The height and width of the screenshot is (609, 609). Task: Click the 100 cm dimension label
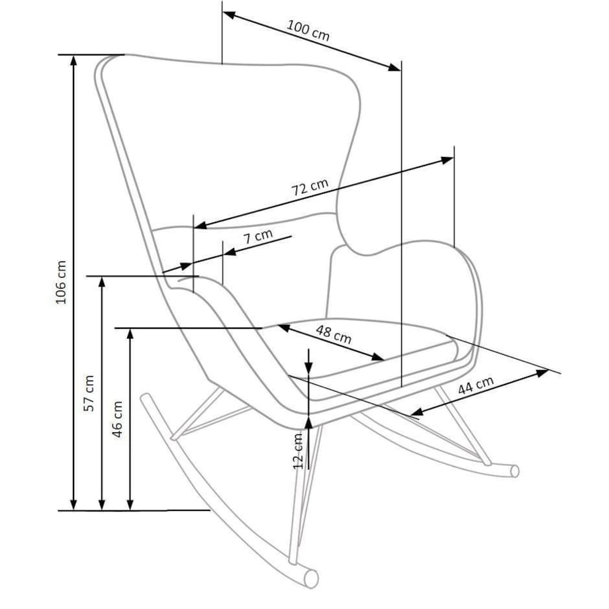point(308,30)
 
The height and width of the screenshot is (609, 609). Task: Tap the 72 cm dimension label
point(310,189)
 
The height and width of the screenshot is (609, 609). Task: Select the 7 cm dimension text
point(258,238)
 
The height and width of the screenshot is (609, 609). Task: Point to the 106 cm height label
point(62,282)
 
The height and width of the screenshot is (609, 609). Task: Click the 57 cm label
point(89,393)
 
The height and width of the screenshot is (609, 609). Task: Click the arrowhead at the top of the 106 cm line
point(74,60)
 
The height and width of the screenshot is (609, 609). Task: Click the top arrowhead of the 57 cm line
point(102,282)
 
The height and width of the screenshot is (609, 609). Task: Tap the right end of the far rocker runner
point(514,471)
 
